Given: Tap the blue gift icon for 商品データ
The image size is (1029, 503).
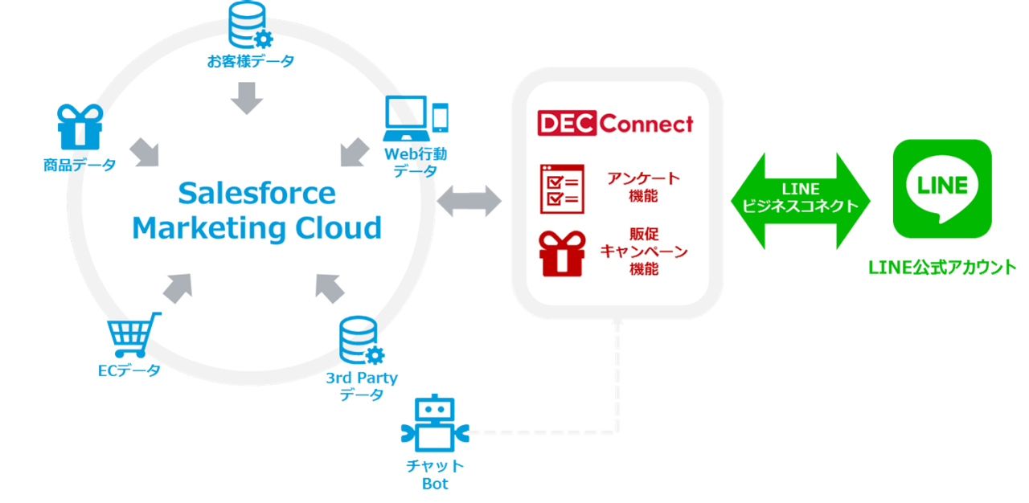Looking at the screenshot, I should [x=80, y=127].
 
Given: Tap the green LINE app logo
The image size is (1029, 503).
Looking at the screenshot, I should [x=942, y=189].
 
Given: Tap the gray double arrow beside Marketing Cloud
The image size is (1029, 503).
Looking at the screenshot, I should [x=468, y=201].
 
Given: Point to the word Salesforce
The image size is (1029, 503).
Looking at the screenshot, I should [x=256, y=194].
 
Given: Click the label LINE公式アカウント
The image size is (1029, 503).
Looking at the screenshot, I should [x=942, y=268].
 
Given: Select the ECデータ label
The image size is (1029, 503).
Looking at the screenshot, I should [x=129, y=370].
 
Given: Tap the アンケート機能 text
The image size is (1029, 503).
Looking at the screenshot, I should [x=644, y=186].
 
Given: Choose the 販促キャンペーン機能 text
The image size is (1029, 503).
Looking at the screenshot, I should [x=644, y=251].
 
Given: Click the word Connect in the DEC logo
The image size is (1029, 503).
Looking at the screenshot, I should [x=646, y=124].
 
